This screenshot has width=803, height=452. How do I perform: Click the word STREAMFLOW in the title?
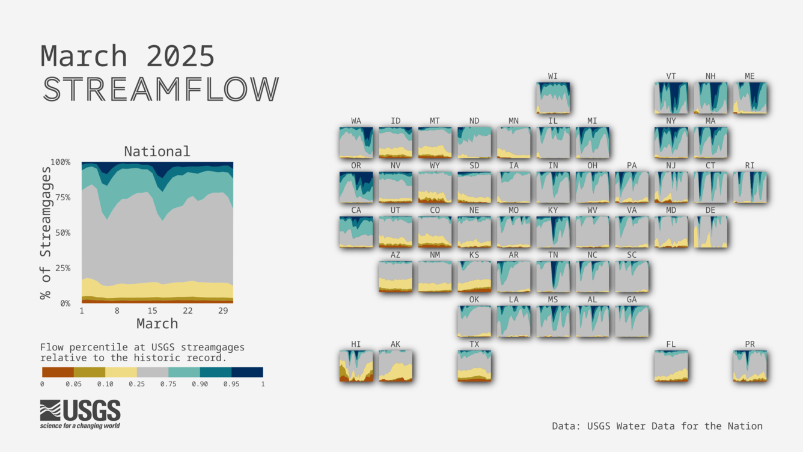click(x=160, y=89)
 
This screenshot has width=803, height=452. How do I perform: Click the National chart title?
click(x=157, y=151)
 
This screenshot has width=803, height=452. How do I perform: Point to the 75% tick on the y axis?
click(x=61, y=197)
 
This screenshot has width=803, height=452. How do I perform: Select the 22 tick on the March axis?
click(x=188, y=311)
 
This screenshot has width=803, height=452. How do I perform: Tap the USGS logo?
click(x=80, y=414)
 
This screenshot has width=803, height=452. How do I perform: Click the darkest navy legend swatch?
click(x=247, y=372)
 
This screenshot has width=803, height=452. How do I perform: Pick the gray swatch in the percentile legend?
click(x=152, y=372)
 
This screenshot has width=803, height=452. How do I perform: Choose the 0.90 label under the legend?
click(x=200, y=384)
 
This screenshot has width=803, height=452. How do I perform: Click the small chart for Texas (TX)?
click(x=474, y=366)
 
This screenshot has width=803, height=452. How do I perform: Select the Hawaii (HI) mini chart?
click(x=356, y=366)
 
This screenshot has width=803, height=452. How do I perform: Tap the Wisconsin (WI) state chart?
click(x=553, y=98)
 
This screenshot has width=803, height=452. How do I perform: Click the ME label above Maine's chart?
click(x=750, y=76)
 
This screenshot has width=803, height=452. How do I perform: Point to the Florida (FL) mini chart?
click(x=671, y=366)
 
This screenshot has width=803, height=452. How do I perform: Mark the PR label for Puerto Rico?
click(x=750, y=344)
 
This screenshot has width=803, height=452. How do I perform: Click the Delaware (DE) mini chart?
click(x=710, y=232)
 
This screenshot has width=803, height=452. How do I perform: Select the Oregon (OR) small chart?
click(x=356, y=187)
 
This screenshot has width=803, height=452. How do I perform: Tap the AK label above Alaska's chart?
click(x=395, y=344)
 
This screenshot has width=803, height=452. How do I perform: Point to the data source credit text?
click(x=657, y=426)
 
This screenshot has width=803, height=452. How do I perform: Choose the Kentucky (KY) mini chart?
click(x=553, y=232)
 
